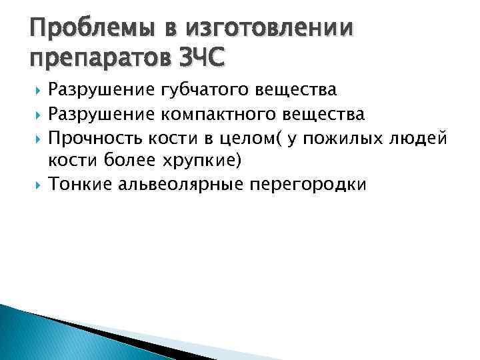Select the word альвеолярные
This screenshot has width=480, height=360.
pos(181,185)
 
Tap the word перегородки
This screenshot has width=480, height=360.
pos(307,185)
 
